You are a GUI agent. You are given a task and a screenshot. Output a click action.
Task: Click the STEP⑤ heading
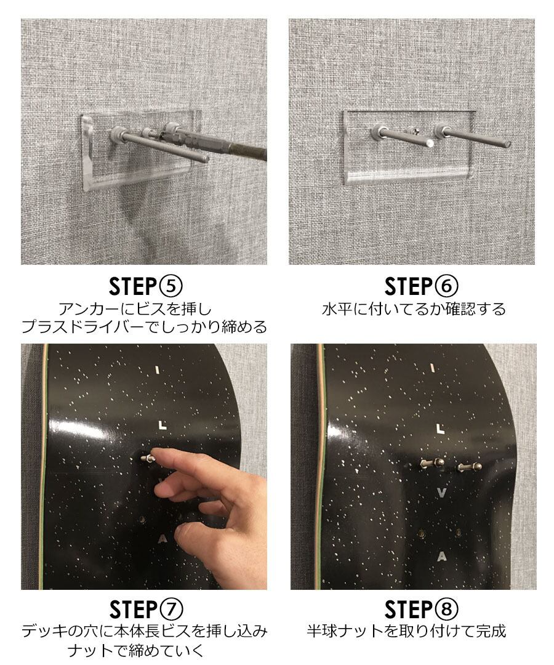click(145, 287)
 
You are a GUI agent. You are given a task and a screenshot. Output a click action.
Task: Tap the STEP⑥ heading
click(421, 287)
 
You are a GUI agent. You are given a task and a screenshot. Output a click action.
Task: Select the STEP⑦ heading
click(146, 610)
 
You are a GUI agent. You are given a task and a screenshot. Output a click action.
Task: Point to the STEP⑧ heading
click(421, 610)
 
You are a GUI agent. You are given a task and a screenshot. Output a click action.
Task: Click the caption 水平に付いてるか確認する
click(414, 308)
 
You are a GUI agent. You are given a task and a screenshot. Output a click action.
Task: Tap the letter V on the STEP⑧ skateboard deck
click(441, 493)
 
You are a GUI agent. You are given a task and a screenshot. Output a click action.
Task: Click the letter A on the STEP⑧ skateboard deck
click(442, 557)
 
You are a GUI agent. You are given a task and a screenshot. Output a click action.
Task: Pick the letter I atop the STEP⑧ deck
click(432, 368)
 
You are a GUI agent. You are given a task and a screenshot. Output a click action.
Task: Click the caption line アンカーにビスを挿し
click(135, 308)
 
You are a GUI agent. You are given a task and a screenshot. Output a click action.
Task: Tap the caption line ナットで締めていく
click(135, 650)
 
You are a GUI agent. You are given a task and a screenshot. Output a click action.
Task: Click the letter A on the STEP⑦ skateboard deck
click(162, 539)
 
